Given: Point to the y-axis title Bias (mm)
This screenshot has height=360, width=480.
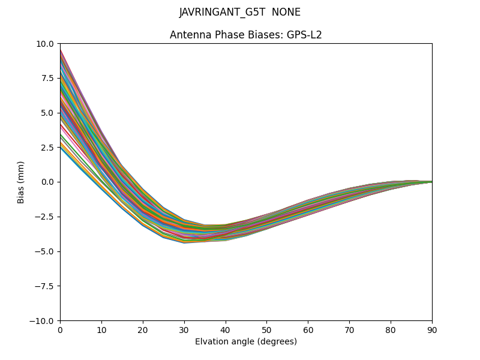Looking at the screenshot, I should point(21,182).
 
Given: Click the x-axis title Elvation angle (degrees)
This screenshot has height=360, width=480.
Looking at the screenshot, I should point(246,342).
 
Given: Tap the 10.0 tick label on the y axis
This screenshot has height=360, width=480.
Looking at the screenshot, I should point(46,44).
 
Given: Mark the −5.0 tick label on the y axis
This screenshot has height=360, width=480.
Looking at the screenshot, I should point(45,251).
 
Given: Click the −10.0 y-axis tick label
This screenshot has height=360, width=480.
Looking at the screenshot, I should point(43,320).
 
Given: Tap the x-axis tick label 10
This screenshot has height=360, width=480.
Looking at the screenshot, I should point(101,329).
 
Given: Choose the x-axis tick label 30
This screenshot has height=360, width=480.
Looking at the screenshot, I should point(184,329).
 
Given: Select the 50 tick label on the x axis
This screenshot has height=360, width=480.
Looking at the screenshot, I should point(266,329).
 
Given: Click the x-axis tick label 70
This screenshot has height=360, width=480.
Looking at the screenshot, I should point(349,329).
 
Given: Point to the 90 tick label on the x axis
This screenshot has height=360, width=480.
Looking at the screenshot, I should point(432,329).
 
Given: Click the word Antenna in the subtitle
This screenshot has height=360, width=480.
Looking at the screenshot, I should point(188,35).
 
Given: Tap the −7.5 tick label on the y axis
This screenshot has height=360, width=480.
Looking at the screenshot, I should point(45,286).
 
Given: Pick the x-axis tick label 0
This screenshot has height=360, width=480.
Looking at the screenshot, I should point(60,329).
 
